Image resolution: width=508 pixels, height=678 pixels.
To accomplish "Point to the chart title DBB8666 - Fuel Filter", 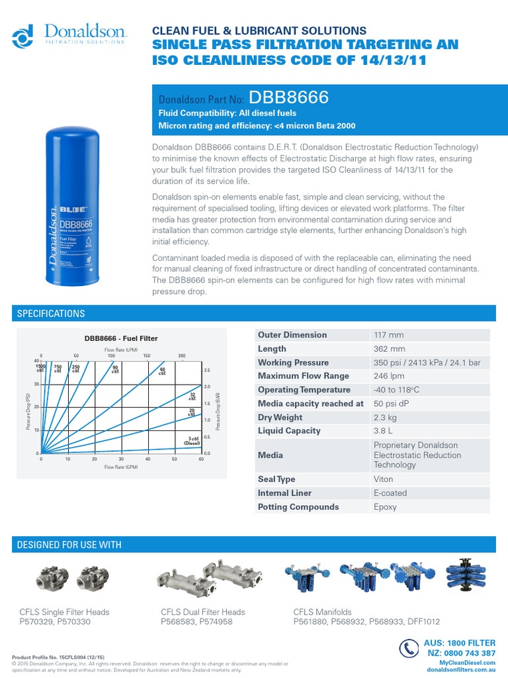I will [x=120, y=338].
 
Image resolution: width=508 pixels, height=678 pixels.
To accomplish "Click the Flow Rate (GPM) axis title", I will [x=120, y=467].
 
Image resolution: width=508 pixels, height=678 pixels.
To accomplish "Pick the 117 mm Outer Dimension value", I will [x=388, y=335].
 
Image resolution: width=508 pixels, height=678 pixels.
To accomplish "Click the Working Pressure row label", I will [x=293, y=363].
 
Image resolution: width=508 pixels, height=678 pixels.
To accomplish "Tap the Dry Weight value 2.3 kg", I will [x=386, y=418].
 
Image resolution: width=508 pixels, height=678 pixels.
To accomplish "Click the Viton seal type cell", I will [x=384, y=479].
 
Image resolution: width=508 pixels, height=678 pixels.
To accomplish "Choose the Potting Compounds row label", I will [x=298, y=507].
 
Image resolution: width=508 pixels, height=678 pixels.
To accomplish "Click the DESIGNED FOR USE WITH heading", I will [x=69, y=545].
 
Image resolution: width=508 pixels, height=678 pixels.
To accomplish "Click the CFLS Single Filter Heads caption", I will [x=65, y=612].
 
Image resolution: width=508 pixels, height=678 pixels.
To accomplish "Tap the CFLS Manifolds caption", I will [x=323, y=612].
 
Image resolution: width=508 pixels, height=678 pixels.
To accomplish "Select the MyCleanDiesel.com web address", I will [x=467, y=663].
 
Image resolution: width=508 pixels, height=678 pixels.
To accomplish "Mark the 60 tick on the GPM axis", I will [x=200, y=459].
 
